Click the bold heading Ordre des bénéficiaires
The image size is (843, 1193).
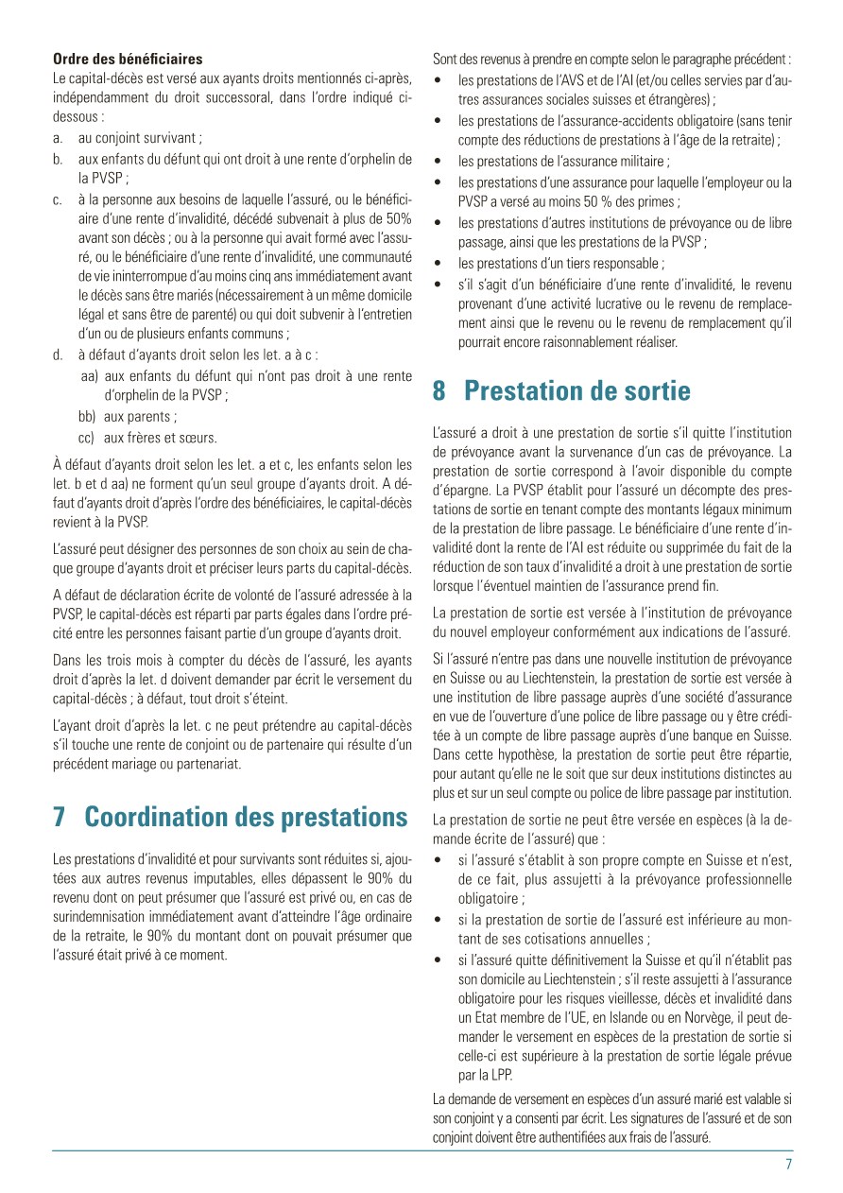(x=128, y=60)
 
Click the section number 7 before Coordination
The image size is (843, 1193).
(x=60, y=817)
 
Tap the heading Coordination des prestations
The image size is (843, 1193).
(x=246, y=817)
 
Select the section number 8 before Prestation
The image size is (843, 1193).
(x=439, y=390)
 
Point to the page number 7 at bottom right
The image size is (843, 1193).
(x=788, y=1165)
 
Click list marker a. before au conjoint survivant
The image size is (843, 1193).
(x=59, y=138)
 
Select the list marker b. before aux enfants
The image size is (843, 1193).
(x=59, y=157)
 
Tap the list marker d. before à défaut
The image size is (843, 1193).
(x=59, y=355)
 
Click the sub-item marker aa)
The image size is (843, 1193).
(x=90, y=375)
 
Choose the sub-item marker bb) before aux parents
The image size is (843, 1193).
(x=90, y=416)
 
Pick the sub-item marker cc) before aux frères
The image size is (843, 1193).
(x=90, y=437)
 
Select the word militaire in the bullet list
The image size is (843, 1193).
(x=641, y=162)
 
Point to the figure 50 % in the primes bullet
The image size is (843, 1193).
(x=593, y=201)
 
